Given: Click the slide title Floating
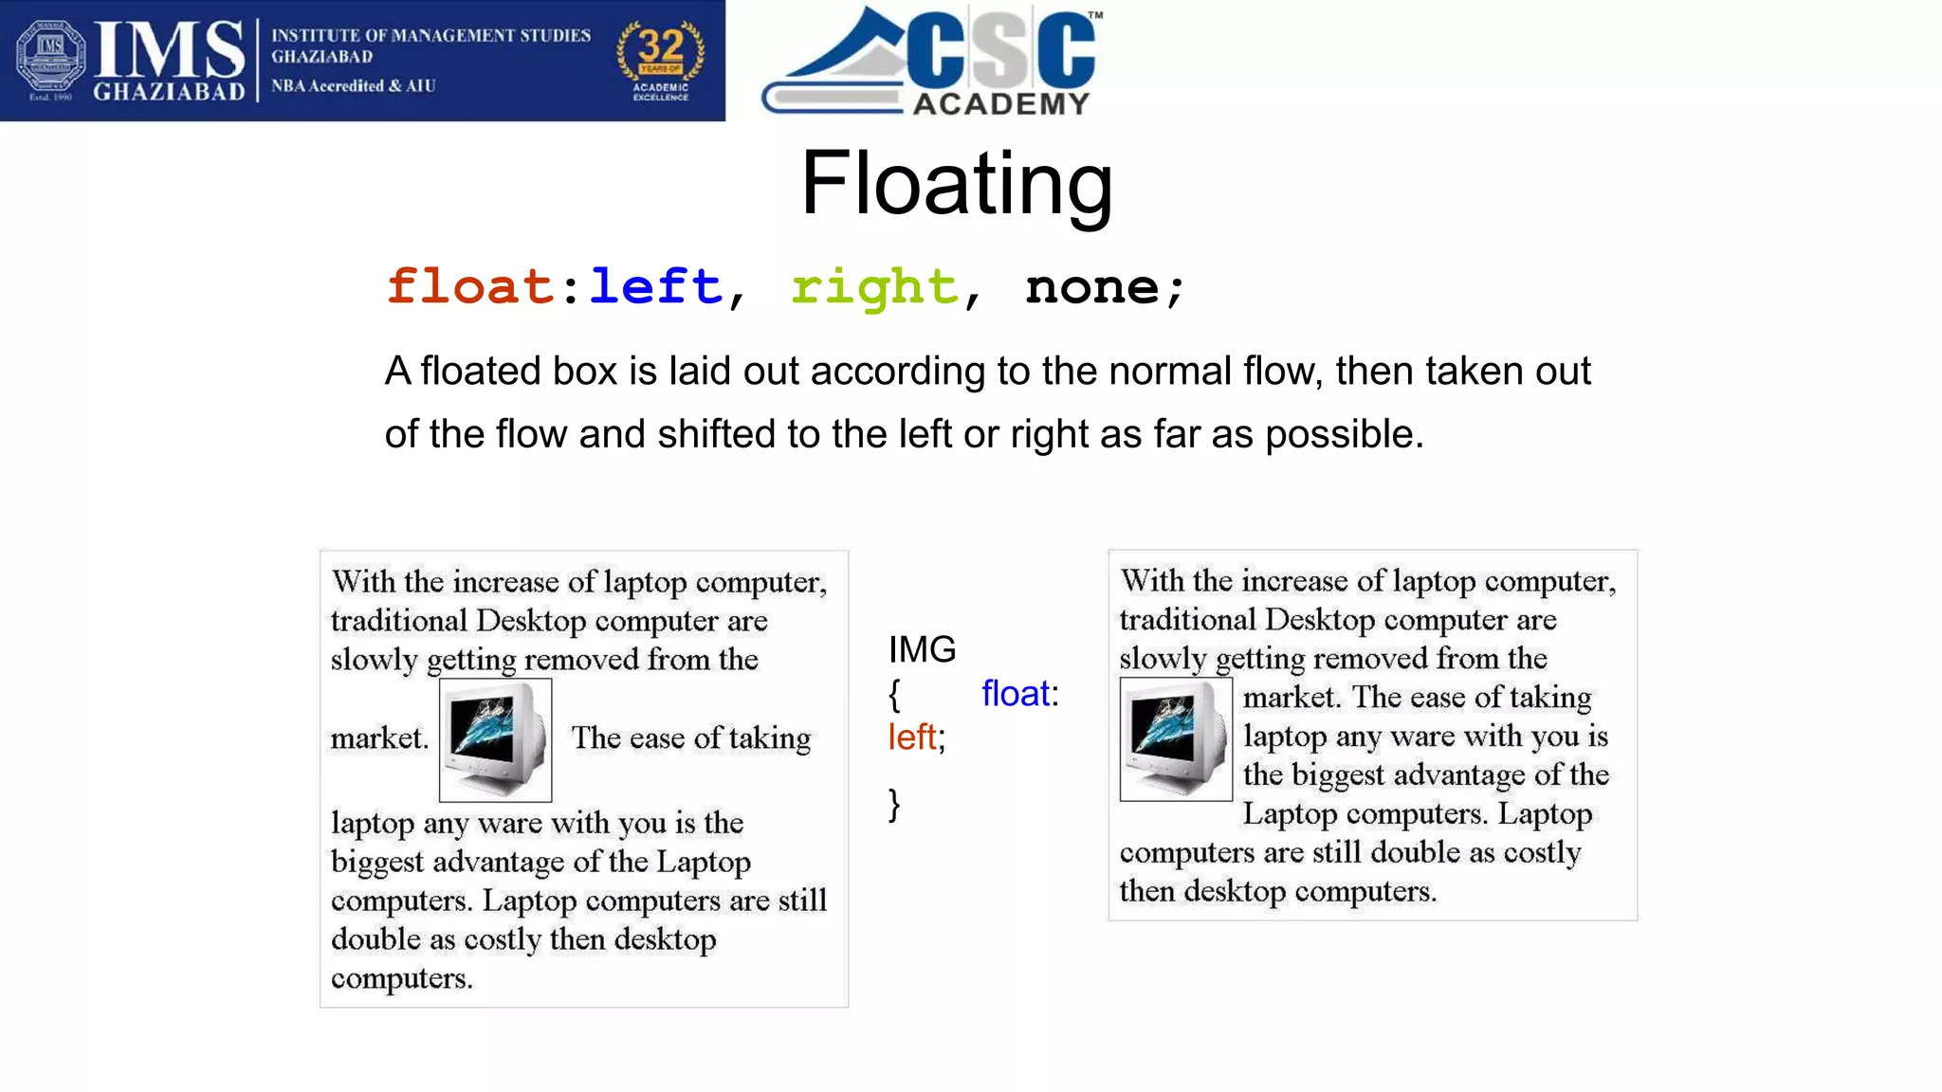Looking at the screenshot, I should point(956,184).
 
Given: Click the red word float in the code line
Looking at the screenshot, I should point(470,286).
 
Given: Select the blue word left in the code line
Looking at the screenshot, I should point(655,286).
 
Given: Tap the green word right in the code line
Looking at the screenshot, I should point(874,288).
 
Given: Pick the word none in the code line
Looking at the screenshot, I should point(1092,287).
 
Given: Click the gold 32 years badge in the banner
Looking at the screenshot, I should point(661,59).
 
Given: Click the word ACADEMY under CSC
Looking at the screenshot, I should point(1001,103).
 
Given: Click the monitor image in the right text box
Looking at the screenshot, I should point(1176,739).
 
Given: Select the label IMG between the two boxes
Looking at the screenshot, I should point(922,650).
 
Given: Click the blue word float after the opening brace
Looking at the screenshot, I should point(1016,694).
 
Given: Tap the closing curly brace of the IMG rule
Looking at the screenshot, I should point(894,805).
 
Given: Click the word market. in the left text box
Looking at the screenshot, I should point(379,737).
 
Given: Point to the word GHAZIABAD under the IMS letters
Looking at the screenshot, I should point(169,92).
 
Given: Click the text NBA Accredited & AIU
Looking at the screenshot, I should point(354,86).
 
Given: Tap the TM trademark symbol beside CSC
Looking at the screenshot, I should point(1095,15).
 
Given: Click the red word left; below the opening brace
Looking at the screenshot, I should point(916,737).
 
